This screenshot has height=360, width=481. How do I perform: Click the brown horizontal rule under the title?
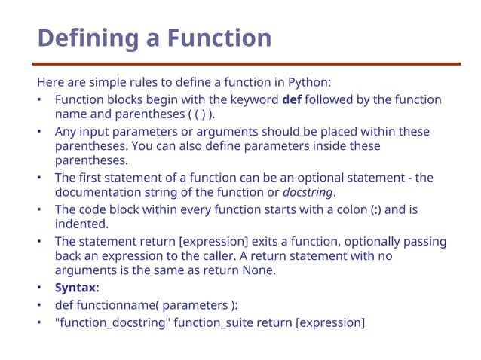(248, 64)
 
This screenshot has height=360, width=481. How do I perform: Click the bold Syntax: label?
(77, 288)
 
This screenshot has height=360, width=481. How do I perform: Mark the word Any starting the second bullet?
(65, 132)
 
